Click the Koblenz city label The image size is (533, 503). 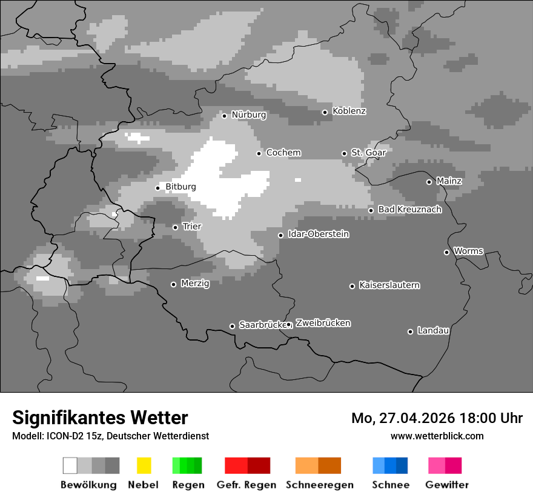point(349,111)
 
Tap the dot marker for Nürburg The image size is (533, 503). point(224,115)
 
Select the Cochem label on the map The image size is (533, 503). point(283,153)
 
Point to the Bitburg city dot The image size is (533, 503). point(157,187)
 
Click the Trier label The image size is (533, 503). point(191,227)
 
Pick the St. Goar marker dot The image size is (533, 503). point(344,153)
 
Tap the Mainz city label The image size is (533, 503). point(449,181)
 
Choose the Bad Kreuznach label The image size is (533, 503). point(409,210)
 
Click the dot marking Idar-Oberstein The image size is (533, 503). point(280,235)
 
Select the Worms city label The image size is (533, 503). point(468,251)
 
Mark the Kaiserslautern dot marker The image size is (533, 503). point(352,285)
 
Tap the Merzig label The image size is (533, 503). point(194,284)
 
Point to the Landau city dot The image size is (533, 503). point(410,331)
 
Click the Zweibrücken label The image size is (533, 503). point(323,323)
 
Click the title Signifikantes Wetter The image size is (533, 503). point(100,418)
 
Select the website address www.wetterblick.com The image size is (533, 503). point(437,436)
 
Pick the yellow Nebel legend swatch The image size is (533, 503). point(144,465)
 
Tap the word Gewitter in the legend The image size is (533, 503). point(446,485)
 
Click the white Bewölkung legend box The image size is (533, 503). point(70,465)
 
